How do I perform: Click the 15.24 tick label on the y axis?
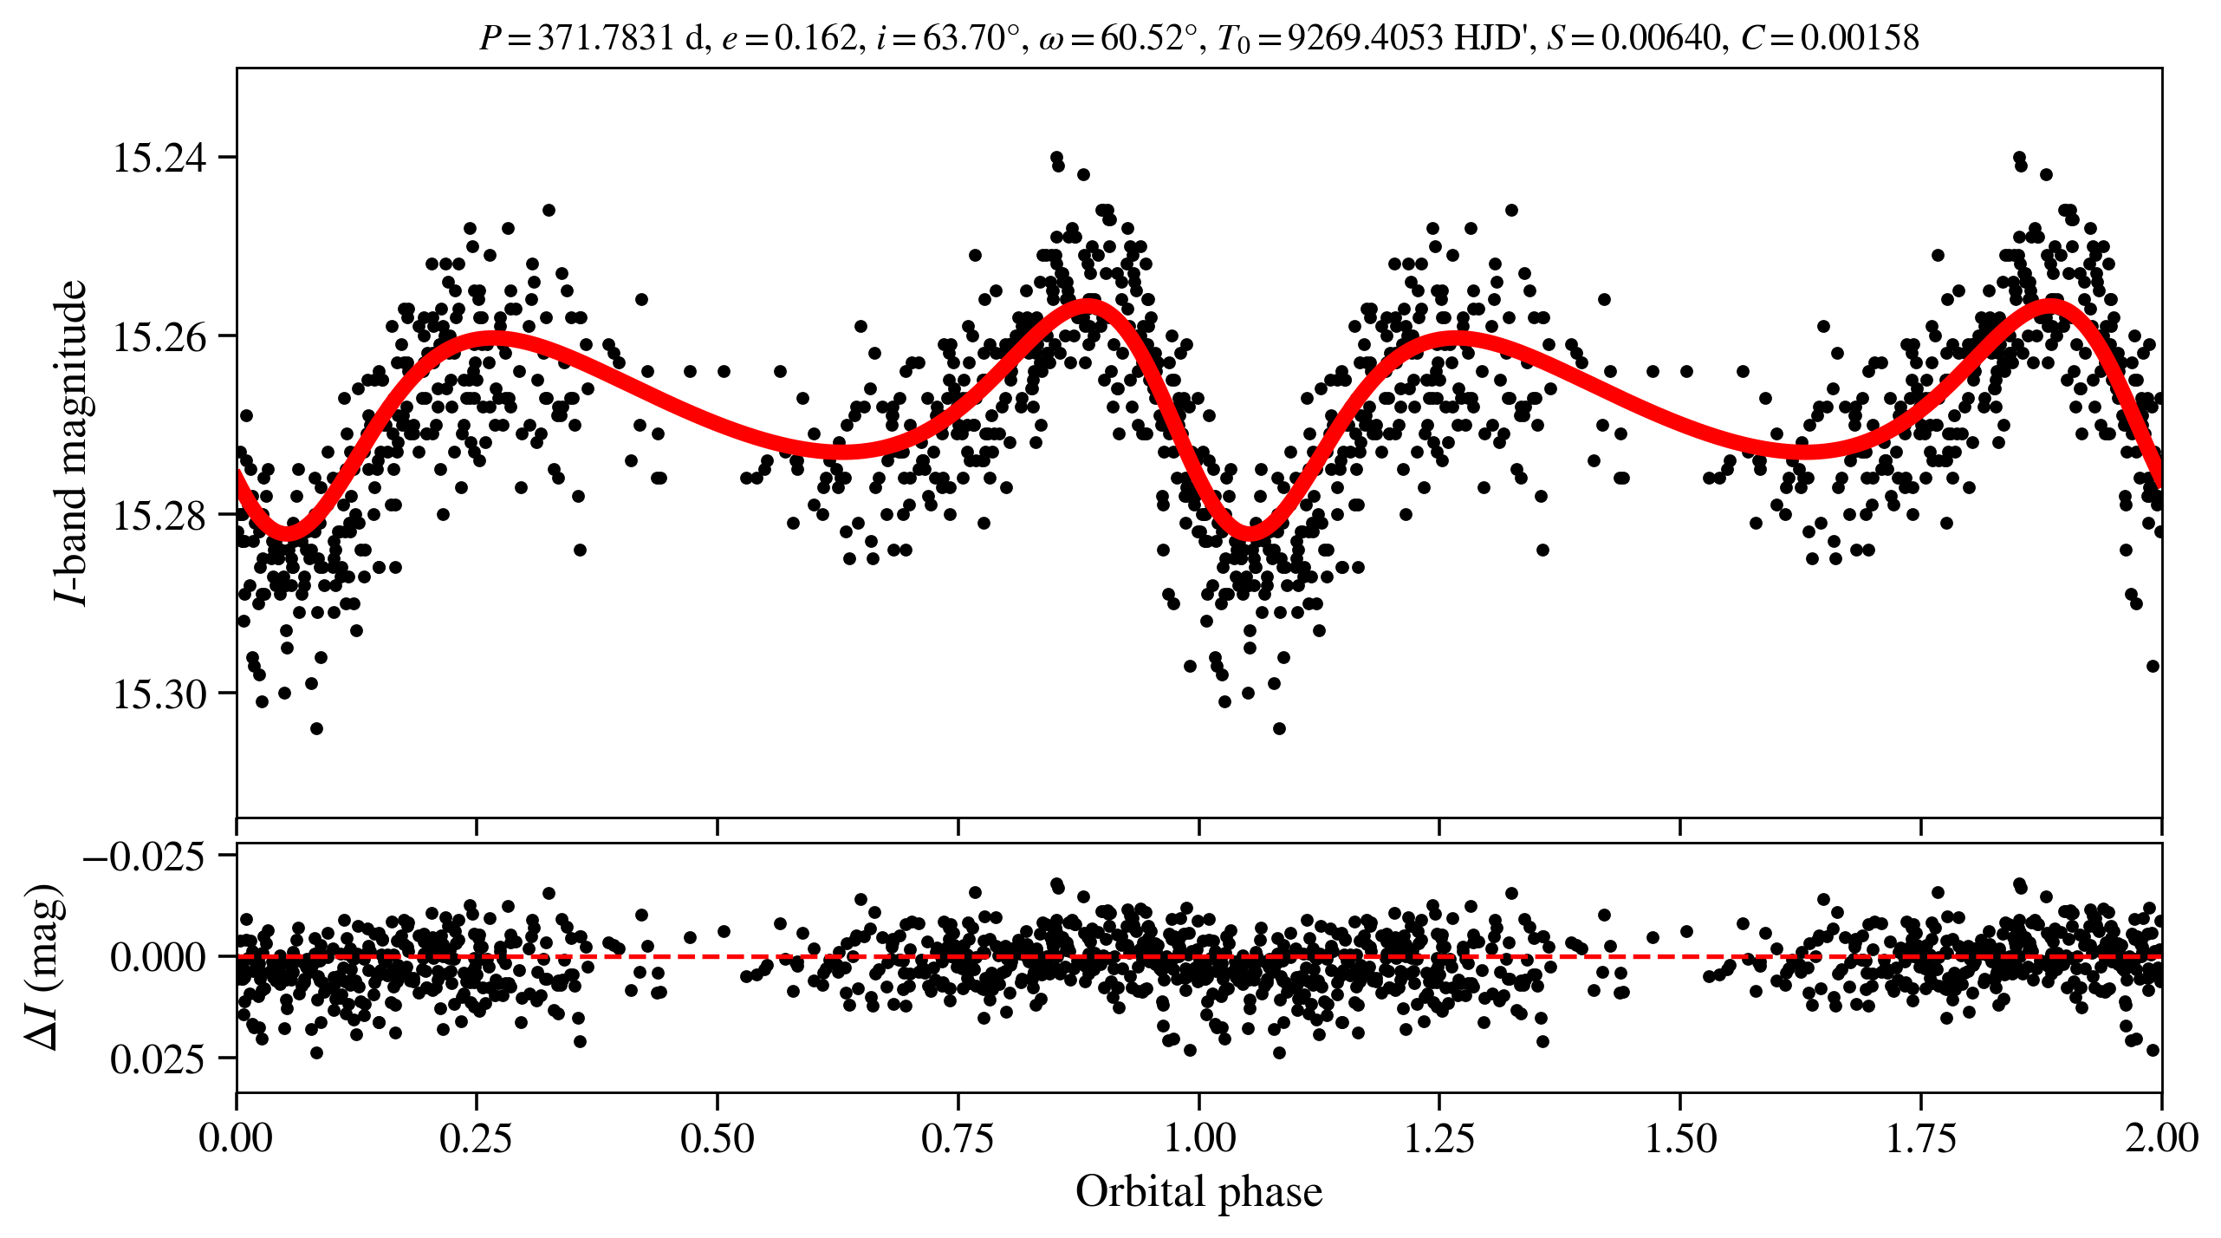click(159, 159)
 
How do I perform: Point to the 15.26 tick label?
click(159, 337)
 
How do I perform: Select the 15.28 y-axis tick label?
click(159, 516)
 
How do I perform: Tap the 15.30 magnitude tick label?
click(159, 694)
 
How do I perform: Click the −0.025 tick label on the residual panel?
click(144, 857)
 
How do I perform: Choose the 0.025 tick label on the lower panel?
click(159, 1059)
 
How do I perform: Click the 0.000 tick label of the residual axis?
click(159, 958)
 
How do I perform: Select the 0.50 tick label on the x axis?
click(717, 1138)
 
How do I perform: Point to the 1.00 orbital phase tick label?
click(1198, 1138)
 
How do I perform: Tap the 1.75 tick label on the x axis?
click(1921, 1138)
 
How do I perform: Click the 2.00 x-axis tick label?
click(2161, 1138)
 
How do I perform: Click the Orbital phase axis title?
click(1198, 1192)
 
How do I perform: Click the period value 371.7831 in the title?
click(607, 38)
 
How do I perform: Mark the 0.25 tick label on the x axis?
click(476, 1138)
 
